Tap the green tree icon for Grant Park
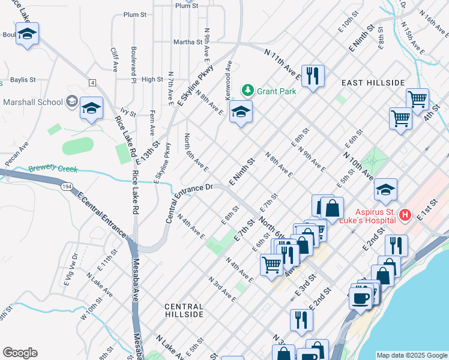247,91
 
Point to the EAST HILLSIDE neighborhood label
373,82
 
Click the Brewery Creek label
53,169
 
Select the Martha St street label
187,42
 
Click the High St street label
152,79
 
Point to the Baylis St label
23,79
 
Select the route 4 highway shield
92,82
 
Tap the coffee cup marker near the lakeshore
360,298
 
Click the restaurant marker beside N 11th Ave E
312,76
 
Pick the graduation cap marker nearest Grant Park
241,112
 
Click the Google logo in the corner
20,353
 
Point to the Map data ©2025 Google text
412,355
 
